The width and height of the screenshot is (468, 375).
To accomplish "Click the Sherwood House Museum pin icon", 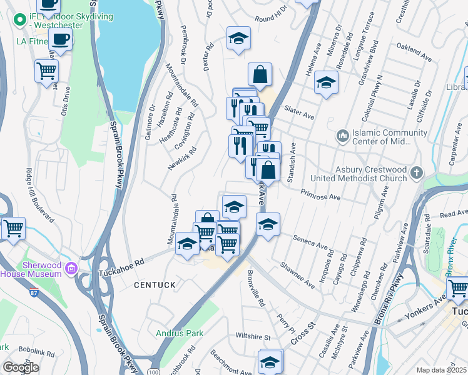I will (71, 269).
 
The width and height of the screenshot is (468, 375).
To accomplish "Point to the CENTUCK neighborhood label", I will (153, 285).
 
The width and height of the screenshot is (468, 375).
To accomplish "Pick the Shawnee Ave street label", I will (297, 275).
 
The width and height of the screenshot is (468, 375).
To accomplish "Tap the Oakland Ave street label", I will (414, 53).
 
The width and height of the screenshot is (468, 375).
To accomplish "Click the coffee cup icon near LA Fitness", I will (61, 39).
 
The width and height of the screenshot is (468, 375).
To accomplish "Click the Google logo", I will (21, 367).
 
